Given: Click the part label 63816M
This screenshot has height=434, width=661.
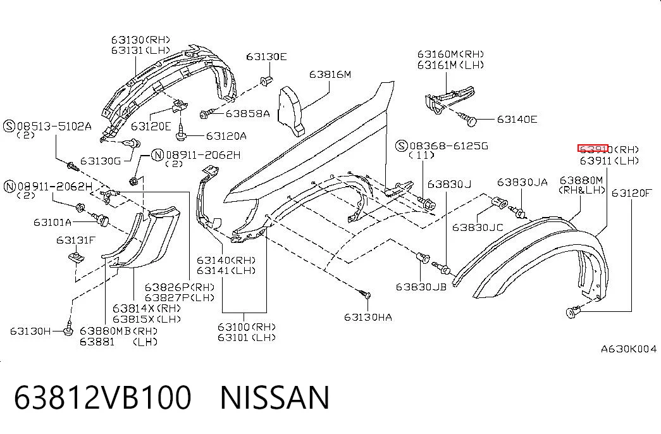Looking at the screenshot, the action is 330,75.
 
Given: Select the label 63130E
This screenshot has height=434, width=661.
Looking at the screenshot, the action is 266,56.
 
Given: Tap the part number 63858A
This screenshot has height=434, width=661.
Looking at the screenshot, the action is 247,113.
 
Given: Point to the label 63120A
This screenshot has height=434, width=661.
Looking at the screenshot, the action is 226,136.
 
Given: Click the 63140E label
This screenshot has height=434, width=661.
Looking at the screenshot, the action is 517,120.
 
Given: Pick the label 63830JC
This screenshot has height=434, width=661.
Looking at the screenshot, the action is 478,227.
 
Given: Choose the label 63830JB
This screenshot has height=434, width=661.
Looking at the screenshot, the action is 421,287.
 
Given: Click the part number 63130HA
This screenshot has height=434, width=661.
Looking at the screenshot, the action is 368,317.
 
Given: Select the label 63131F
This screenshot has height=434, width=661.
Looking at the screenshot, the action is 76,240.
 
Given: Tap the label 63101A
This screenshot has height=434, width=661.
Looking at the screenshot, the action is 53,222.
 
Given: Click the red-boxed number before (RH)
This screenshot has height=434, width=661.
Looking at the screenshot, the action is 593,149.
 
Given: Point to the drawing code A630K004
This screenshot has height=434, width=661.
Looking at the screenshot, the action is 629,349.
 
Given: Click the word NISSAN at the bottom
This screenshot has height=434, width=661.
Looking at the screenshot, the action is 275,397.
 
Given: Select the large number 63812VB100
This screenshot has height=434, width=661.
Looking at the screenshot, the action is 103,397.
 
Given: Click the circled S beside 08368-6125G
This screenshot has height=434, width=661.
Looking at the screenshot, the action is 401,146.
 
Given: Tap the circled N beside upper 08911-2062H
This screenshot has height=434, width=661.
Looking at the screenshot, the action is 158,155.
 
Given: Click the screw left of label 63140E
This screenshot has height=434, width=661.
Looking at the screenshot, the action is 469,120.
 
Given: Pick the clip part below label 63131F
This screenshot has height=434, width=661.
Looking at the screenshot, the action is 77,256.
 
